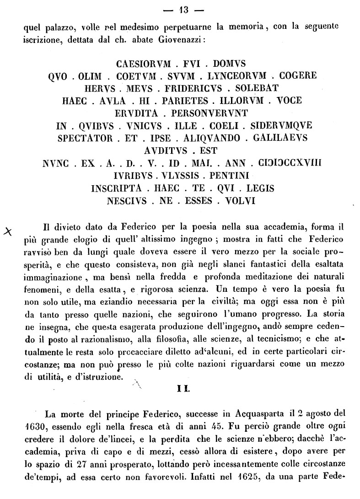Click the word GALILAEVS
coord(277,138)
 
